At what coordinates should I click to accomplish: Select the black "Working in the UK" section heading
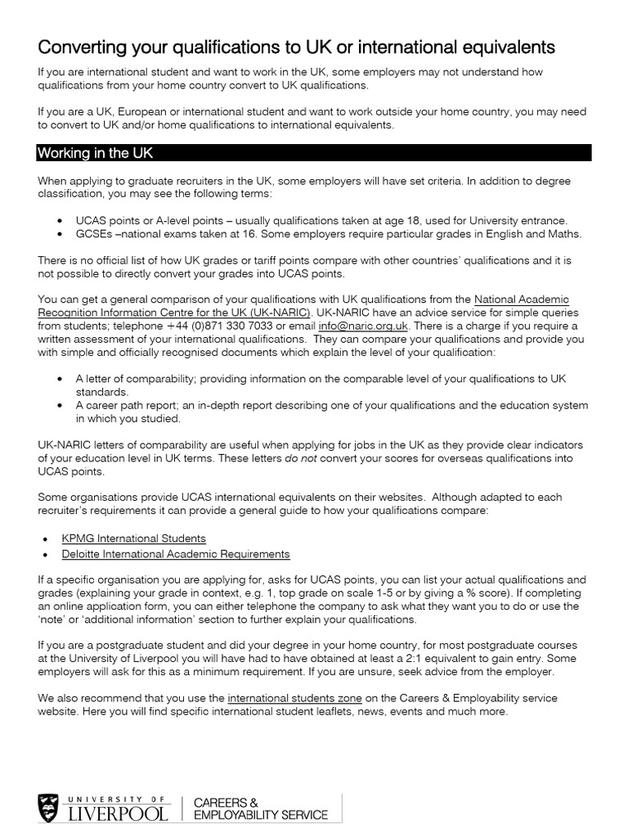click(95, 153)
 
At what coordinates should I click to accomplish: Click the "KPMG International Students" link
click(134, 538)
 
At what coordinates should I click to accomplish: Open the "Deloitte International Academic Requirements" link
click(176, 554)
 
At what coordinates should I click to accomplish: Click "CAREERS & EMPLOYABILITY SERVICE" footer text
click(259, 808)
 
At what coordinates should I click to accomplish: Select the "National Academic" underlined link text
click(521, 300)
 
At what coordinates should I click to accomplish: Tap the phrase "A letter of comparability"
click(138, 379)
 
